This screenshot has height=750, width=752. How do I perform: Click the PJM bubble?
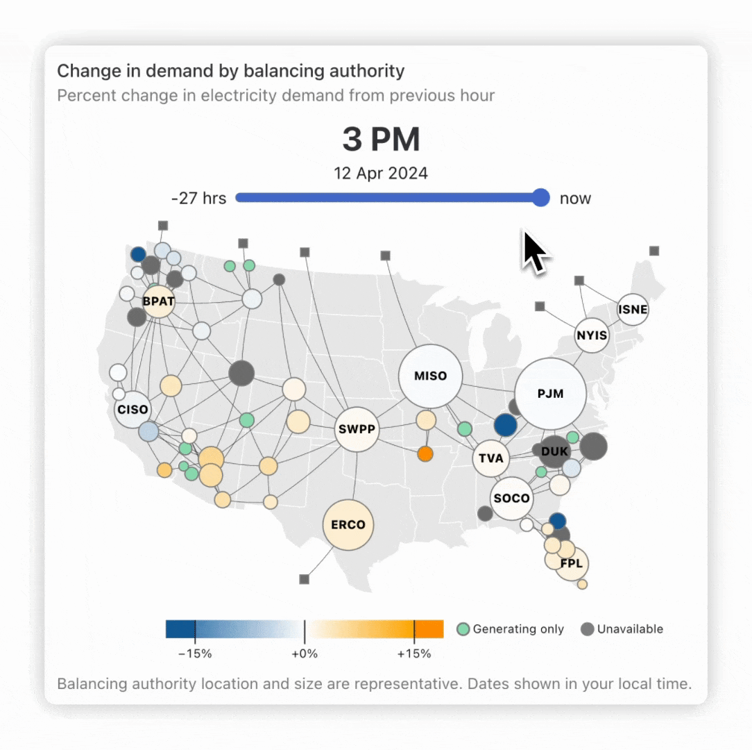[x=551, y=394]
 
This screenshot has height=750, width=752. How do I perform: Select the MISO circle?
[x=430, y=376]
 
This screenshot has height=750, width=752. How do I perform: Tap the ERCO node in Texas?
[x=348, y=524]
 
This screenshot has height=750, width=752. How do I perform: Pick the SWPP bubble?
[x=357, y=429]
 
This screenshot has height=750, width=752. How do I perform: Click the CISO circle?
[x=133, y=409]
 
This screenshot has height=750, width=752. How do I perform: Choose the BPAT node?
[x=158, y=301]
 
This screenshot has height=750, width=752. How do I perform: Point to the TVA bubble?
[x=491, y=458]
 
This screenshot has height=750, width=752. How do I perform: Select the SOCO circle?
[x=512, y=498]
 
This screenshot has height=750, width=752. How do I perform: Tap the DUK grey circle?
[x=554, y=451]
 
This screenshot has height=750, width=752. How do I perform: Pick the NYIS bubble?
[x=592, y=336]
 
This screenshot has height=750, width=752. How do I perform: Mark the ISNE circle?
[x=633, y=310]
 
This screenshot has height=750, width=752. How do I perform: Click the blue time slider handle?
[x=540, y=198]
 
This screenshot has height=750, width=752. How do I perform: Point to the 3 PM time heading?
[x=381, y=140]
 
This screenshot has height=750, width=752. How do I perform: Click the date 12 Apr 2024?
[x=381, y=173]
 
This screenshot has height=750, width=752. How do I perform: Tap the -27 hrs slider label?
[x=198, y=199]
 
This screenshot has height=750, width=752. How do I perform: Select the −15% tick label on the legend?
[x=195, y=653]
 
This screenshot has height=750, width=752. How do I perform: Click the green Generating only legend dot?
[x=463, y=629]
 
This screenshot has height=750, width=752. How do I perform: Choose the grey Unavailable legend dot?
[x=588, y=629]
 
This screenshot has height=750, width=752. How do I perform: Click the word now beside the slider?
[x=575, y=199]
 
